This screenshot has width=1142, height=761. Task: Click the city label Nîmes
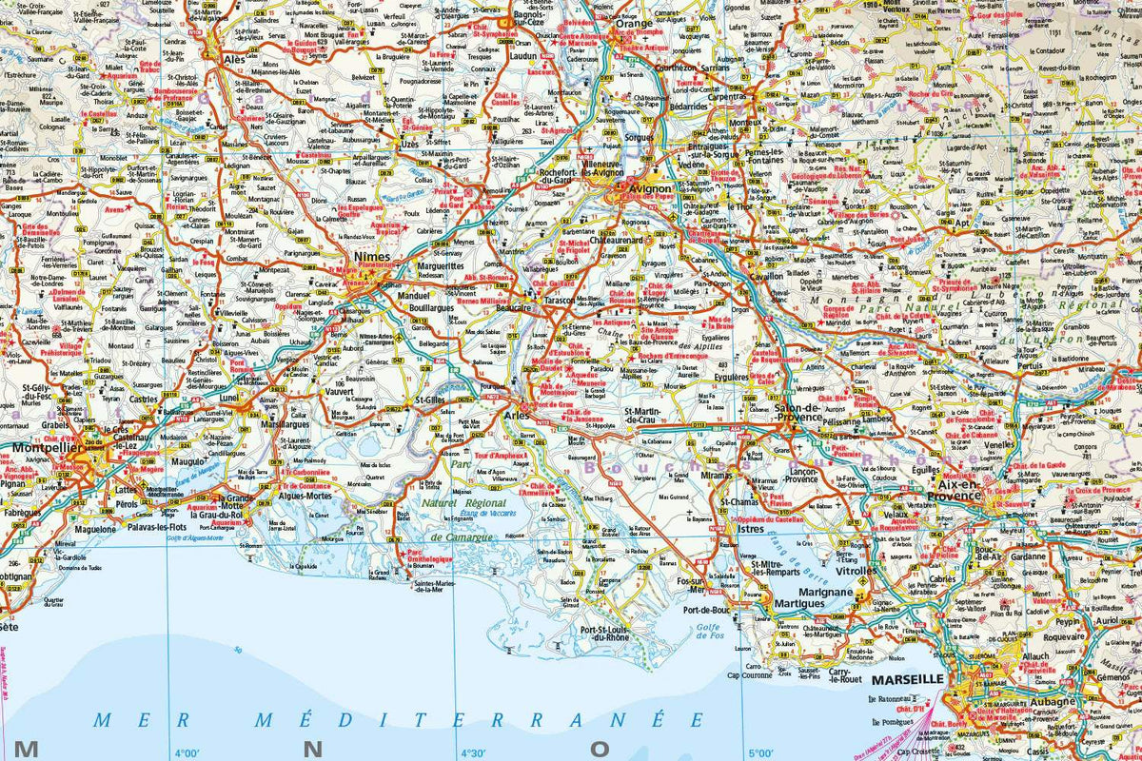[373, 258]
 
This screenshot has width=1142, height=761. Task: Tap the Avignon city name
[651, 188]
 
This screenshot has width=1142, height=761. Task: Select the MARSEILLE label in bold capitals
[905, 679]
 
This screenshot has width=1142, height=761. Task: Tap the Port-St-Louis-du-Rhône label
[592, 634]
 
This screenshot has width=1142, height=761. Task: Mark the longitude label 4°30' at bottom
[473, 751]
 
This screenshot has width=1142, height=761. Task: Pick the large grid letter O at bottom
[599, 750]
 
